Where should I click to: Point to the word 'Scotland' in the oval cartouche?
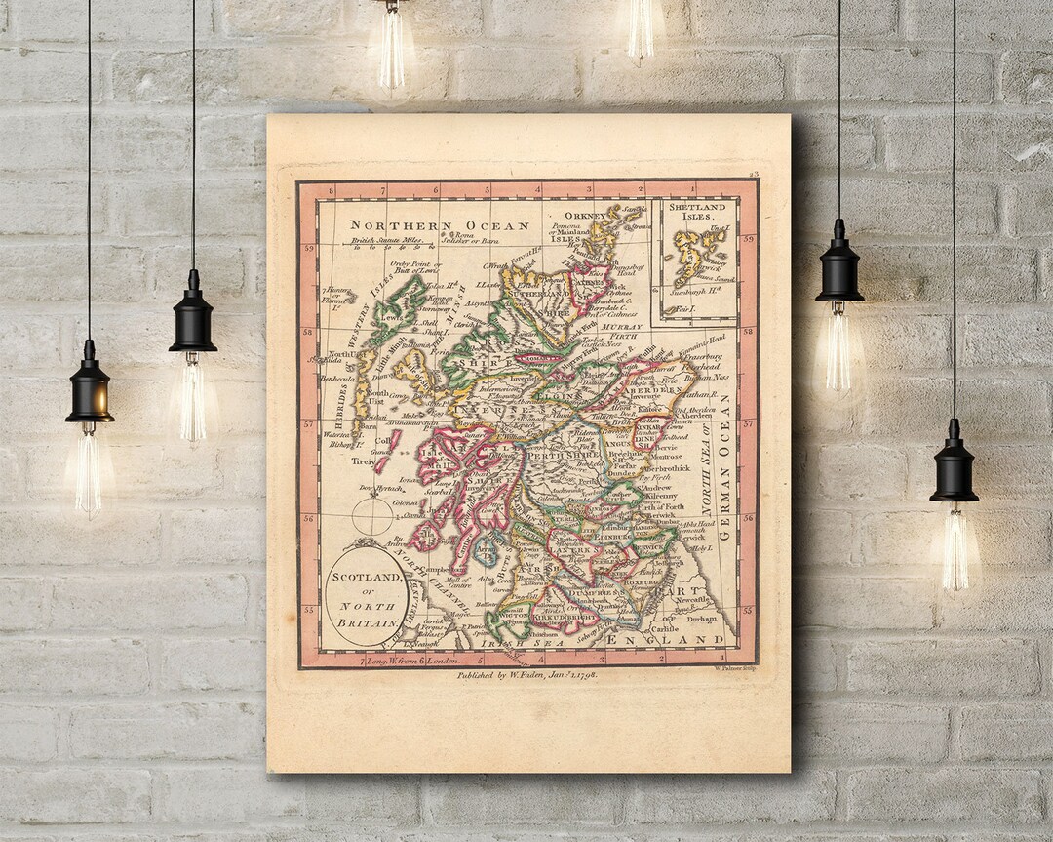click(366, 577)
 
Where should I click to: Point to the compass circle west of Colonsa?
click(372, 516)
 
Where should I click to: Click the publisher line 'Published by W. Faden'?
click(527, 674)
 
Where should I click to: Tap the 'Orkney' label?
click(589, 217)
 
